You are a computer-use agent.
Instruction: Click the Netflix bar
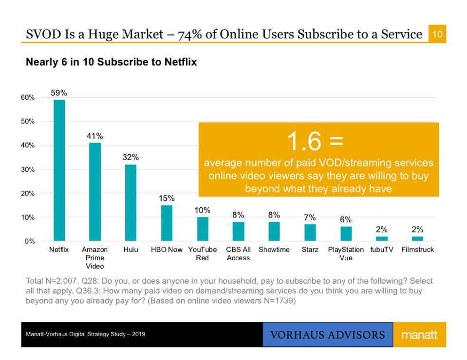click(x=59, y=170)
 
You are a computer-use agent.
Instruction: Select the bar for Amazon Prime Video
click(x=95, y=192)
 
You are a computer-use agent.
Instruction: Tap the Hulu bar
click(x=131, y=202)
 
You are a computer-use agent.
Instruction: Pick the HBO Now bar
click(x=167, y=223)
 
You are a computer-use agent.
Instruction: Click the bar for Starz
click(x=310, y=233)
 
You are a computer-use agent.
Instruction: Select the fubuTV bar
click(x=382, y=238)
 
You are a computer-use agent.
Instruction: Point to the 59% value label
click(x=59, y=92)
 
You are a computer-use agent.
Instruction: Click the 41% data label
click(x=95, y=136)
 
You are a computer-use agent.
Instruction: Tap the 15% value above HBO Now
click(x=167, y=198)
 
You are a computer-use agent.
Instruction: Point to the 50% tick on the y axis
click(x=28, y=121)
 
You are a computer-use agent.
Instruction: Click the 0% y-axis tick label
click(x=30, y=241)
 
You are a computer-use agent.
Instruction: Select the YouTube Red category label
click(x=203, y=253)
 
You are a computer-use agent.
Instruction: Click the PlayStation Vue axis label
click(x=346, y=253)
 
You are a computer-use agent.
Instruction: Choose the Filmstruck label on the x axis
click(x=417, y=250)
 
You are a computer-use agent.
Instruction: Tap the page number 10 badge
click(x=437, y=35)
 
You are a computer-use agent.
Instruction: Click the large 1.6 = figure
click(x=315, y=142)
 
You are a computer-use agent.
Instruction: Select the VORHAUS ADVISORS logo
click(x=327, y=335)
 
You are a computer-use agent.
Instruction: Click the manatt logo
click(x=419, y=335)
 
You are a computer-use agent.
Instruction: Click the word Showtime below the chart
click(x=274, y=250)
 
